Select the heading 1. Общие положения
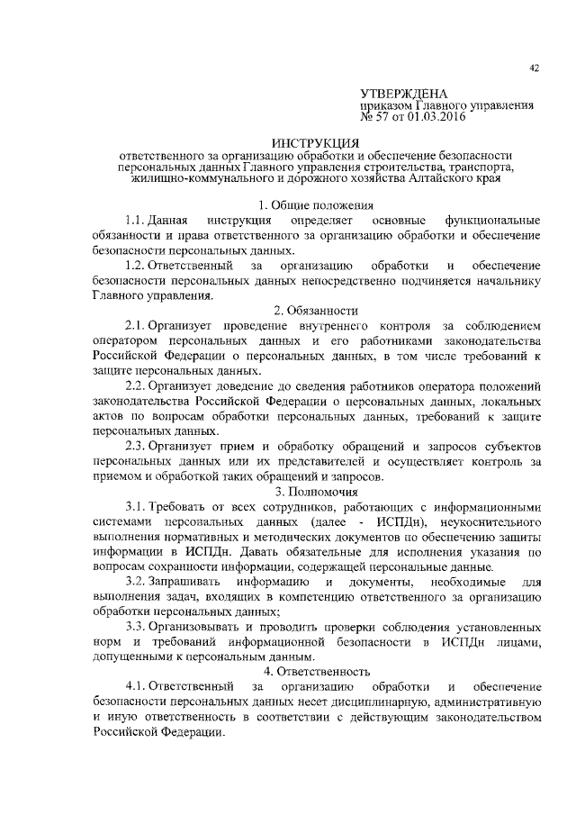pos(316,205)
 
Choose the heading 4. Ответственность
pos(316,671)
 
